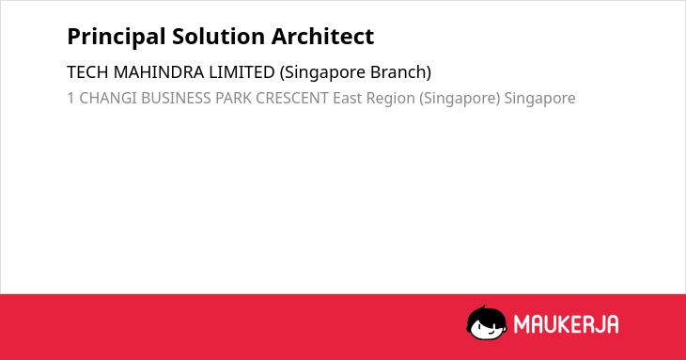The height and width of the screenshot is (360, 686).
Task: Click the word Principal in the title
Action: point(117,38)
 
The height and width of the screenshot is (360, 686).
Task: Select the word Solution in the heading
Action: point(218,37)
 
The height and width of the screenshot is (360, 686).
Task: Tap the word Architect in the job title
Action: point(322,37)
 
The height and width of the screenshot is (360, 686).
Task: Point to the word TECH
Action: point(87,72)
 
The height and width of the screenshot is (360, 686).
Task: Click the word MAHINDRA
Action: point(159,72)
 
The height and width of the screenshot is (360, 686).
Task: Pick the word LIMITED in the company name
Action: point(242,72)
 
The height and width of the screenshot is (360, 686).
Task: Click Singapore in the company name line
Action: point(323,73)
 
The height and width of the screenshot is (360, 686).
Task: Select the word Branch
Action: point(400,72)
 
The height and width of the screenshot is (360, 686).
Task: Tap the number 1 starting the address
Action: point(70,98)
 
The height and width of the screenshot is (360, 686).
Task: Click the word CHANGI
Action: point(108,98)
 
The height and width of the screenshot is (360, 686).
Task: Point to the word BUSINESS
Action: point(176,98)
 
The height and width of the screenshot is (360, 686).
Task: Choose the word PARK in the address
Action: point(233,98)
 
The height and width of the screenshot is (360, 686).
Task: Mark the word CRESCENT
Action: point(292,98)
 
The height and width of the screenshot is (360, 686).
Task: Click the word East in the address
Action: point(348,98)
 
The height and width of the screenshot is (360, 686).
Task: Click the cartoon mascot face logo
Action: point(487,323)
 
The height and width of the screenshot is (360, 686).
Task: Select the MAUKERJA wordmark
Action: point(566,324)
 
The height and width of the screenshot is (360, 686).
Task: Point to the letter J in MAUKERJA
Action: point(599,324)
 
